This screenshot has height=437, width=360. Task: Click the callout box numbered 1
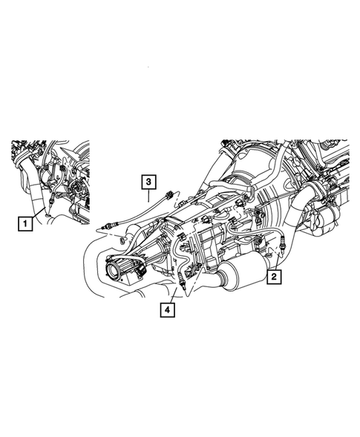(x=25, y=222)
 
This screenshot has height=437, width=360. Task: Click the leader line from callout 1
(x=39, y=215)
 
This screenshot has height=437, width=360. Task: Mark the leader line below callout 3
(x=149, y=195)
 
